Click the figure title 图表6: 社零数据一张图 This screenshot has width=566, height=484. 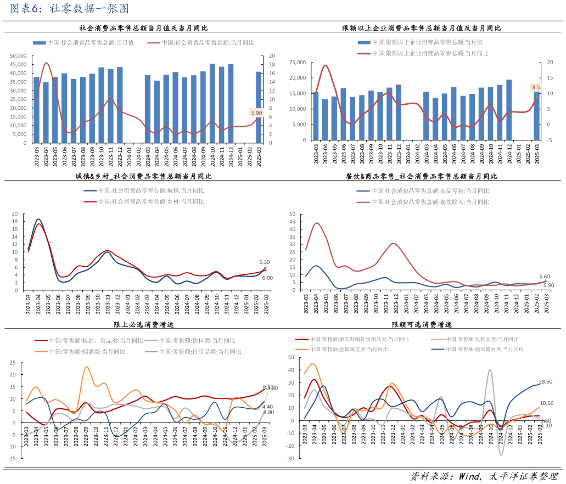[70, 9]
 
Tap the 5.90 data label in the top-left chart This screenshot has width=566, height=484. [257, 113]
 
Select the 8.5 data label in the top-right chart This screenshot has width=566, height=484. [536, 87]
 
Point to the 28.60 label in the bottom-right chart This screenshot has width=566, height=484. [545, 381]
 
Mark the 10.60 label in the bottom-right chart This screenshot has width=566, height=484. [546, 403]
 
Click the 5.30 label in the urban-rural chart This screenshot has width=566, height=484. [265, 262]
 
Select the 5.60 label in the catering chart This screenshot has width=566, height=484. [545, 277]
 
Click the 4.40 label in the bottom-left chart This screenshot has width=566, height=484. [268, 407]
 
